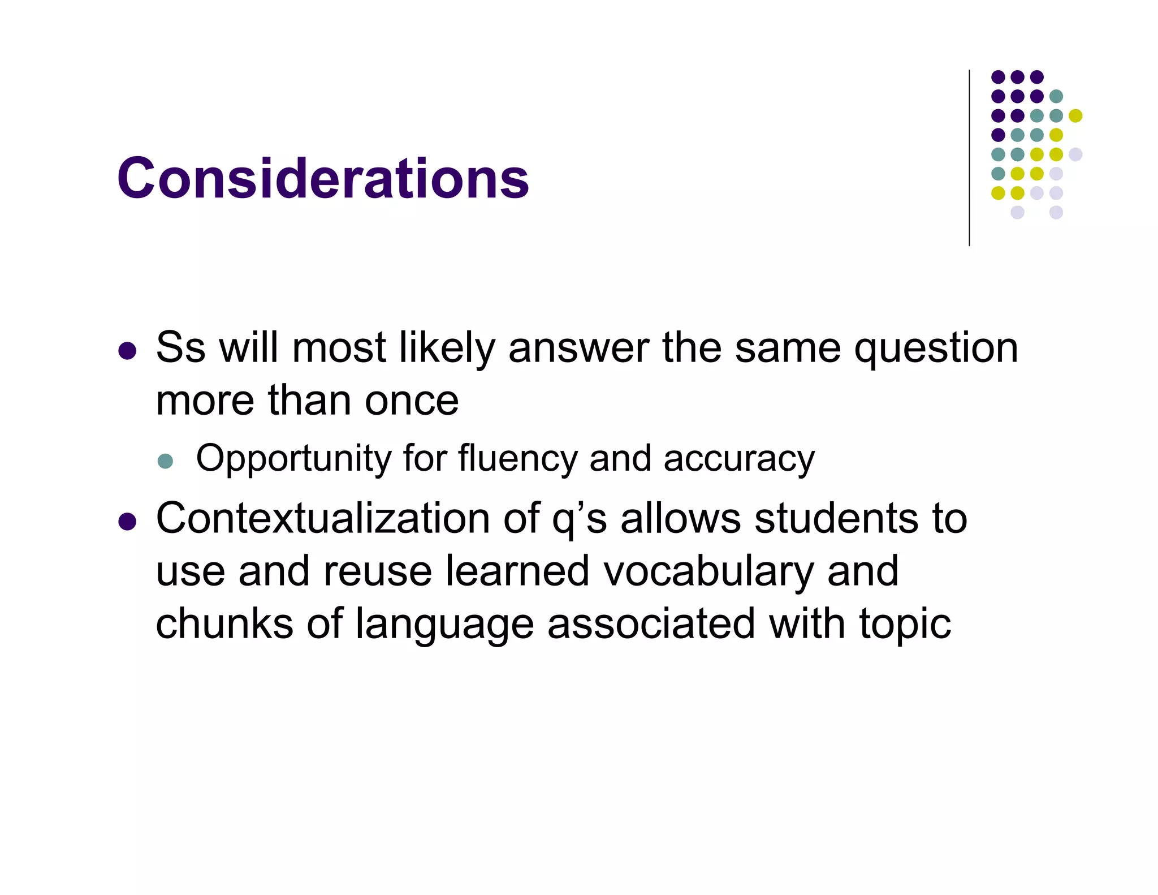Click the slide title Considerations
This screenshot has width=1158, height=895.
[x=323, y=178]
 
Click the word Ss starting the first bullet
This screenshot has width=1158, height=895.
[x=180, y=347]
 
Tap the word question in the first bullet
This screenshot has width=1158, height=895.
[x=936, y=348]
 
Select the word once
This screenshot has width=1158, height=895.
[x=412, y=401]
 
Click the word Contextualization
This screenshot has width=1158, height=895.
[x=323, y=518]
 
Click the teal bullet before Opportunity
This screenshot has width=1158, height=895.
[x=165, y=461]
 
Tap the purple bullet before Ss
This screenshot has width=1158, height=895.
[x=127, y=351]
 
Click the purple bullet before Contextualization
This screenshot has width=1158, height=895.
[x=127, y=522]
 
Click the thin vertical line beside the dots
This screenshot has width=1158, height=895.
[x=969, y=158]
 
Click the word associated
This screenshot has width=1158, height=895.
[x=651, y=623]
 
